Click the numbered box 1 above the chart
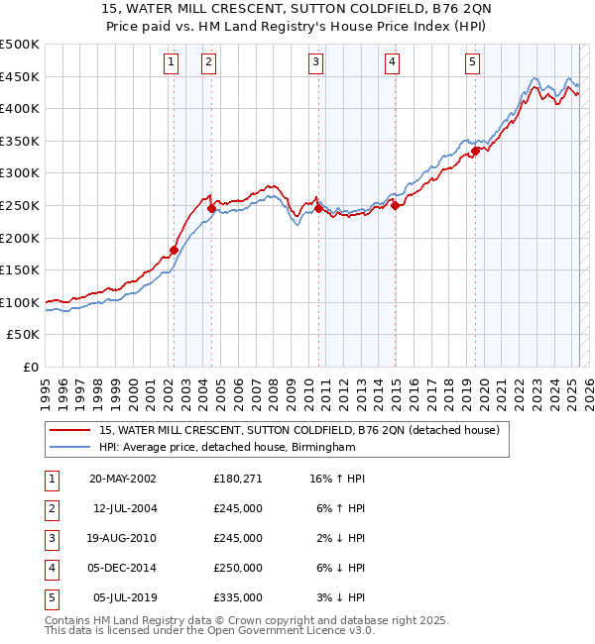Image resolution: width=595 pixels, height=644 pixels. (x=172, y=62)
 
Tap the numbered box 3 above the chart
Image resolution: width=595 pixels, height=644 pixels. (x=315, y=62)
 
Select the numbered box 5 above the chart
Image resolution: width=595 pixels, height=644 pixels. (x=472, y=62)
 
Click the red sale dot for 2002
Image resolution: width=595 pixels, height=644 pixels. (x=174, y=251)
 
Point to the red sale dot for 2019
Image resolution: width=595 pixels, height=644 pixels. (x=475, y=151)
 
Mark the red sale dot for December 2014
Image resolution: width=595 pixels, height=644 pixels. (x=395, y=206)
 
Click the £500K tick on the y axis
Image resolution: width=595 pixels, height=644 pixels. (x=20, y=45)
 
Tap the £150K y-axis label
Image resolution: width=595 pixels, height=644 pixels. (x=20, y=269)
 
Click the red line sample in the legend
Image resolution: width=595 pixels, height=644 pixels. (x=70, y=430)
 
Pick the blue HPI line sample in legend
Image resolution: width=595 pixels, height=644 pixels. (x=70, y=448)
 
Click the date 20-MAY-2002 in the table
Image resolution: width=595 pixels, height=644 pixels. (x=122, y=479)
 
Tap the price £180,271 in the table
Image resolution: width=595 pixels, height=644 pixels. (x=238, y=479)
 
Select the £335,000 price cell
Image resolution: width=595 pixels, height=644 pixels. (x=238, y=597)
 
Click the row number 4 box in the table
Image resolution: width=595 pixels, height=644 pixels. (x=51, y=568)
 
